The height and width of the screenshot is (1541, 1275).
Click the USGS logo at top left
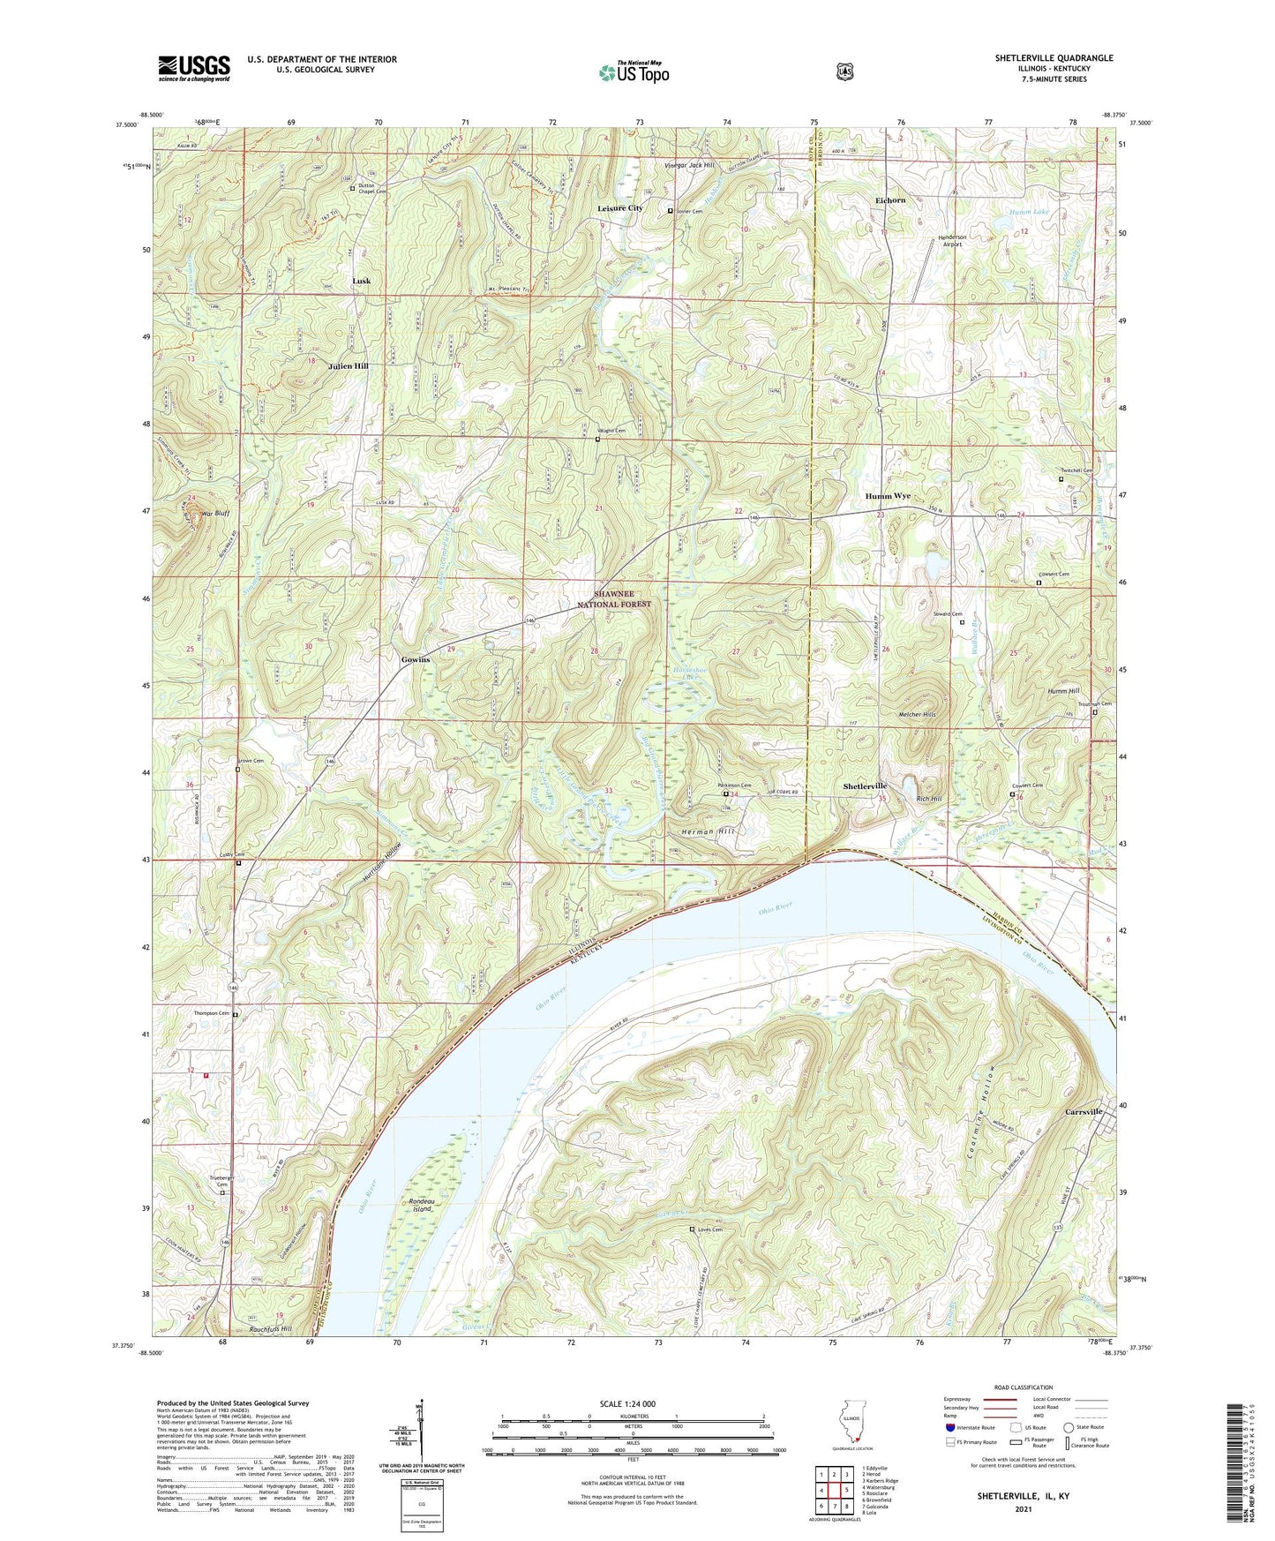(194, 68)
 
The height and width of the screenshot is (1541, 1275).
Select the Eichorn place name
(890, 200)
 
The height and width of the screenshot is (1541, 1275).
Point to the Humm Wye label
(888, 496)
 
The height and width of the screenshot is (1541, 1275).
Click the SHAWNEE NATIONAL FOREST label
(614, 599)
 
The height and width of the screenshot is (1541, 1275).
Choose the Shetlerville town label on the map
(865, 786)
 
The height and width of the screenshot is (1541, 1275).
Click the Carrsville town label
(1084, 1111)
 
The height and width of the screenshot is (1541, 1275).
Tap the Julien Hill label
(349, 365)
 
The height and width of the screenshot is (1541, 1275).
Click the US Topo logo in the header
(634, 72)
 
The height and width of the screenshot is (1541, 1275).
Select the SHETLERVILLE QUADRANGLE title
(1054, 58)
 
